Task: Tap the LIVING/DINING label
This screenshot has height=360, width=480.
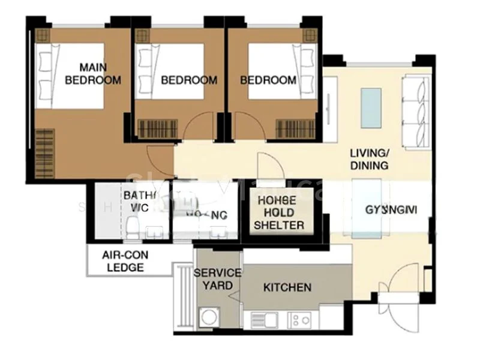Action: [x=369, y=160]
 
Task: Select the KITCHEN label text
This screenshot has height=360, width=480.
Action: [x=287, y=288]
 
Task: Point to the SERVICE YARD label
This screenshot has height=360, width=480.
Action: [x=217, y=279]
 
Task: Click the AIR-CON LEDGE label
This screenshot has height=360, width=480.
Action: [x=125, y=261]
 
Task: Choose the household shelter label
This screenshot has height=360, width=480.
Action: [x=278, y=213]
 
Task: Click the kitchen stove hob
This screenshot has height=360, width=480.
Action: [x=300, y=320]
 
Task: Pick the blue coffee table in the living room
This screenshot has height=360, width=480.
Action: [x=370, y=107]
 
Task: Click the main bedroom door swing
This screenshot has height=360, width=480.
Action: [x=161, y=161]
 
